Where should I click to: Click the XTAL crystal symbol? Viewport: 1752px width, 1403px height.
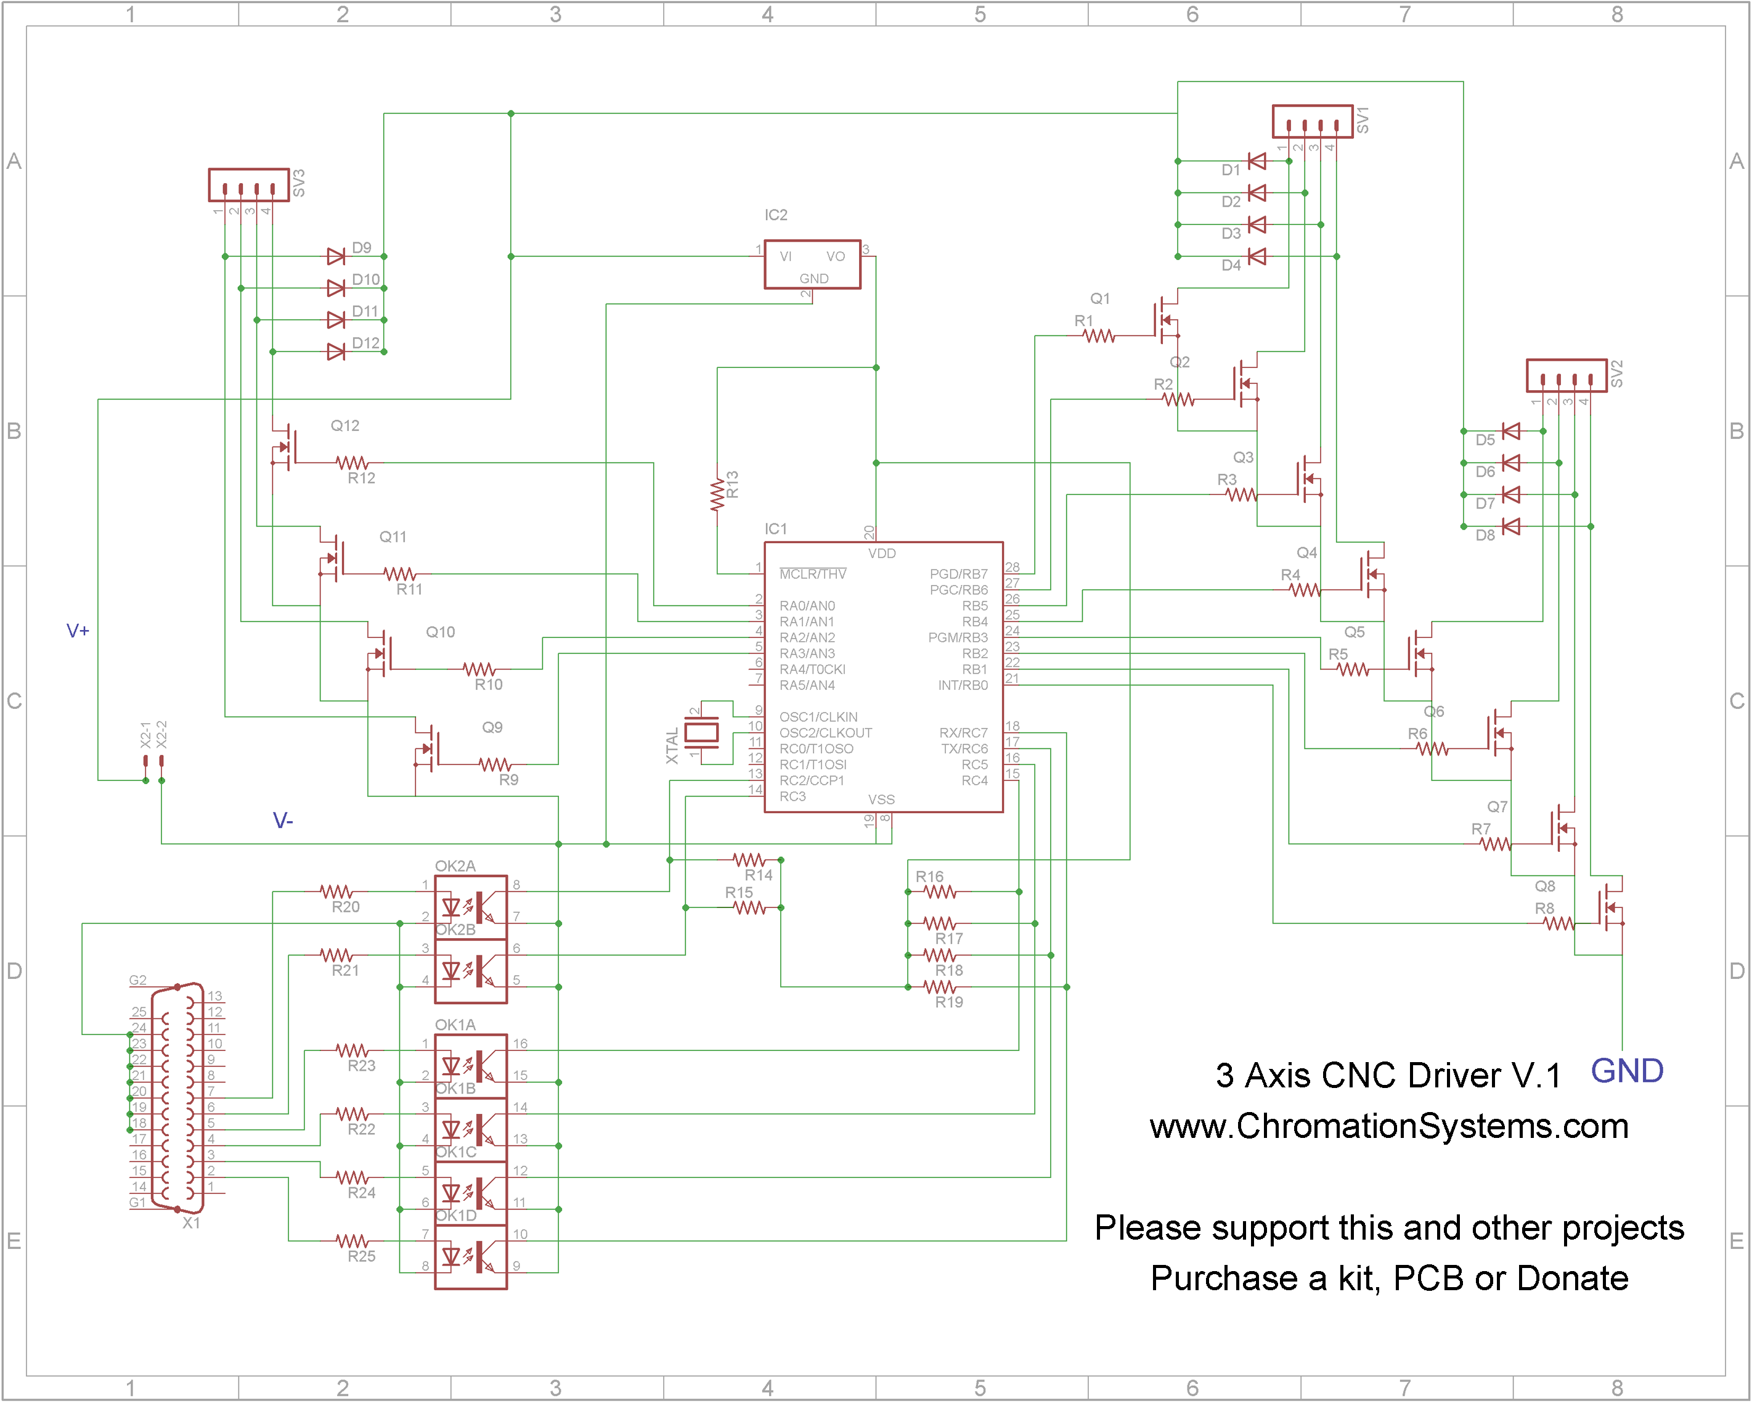(701, 733)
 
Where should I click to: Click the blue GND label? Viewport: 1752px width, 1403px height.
(1626, 1071)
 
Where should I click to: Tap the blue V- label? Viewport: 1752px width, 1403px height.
(282, 821)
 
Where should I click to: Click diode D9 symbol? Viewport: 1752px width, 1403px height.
(336, 257)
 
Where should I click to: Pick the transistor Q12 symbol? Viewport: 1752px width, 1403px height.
(286, 447)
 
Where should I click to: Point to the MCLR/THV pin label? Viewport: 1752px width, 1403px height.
(813, 575)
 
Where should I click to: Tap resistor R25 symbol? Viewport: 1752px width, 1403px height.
(352, 1241)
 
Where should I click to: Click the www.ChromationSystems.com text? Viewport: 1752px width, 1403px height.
(1389, 1127)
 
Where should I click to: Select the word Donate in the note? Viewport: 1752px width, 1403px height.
(1573, 1278)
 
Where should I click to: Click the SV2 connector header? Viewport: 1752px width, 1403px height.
(1566, 375)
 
